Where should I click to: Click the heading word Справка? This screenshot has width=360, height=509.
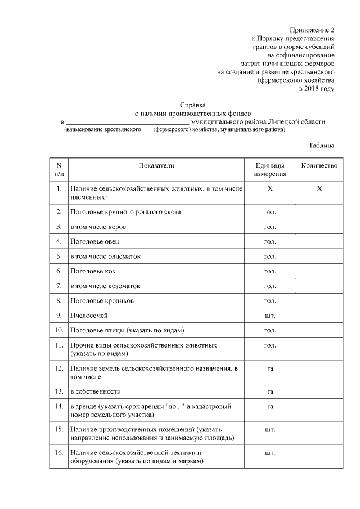tap(193, 105)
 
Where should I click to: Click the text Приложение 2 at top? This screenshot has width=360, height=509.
tap(312, 29)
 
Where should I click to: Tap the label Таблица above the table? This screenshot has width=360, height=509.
tap(322, 145)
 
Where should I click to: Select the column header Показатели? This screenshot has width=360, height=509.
tap(156, 166)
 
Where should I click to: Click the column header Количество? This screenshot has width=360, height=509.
tap(319, 166)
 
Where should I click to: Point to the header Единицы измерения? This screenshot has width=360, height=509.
tap(270, 170)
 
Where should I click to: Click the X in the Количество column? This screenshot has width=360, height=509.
tap(319, 189)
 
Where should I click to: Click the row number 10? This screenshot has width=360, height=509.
tap(58, 330)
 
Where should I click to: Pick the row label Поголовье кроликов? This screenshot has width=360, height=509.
tap(102, 300)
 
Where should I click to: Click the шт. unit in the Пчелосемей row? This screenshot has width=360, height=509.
tap(270, 315)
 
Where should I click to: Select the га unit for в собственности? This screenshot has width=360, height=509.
tap(270, 391)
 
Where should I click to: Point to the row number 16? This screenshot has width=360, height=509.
tap(58, 452)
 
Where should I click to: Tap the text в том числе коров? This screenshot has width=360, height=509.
tap(98, 227)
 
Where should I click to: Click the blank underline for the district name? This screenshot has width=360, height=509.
tap(128, 122)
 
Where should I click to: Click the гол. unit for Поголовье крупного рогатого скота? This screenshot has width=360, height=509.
tap(270, 212)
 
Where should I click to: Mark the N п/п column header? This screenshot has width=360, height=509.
tap(58, 170)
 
